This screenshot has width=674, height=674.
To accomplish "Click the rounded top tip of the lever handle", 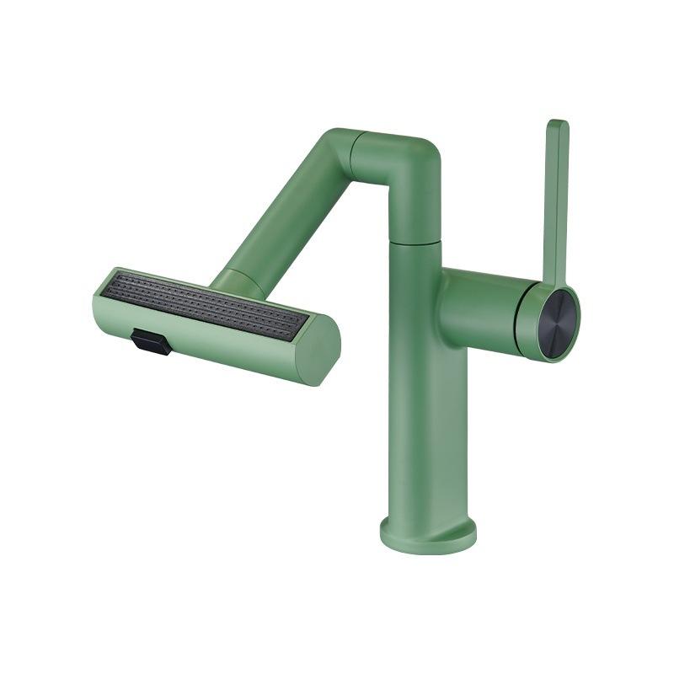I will point(557,126).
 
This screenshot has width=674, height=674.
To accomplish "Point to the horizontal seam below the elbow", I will point(415,240).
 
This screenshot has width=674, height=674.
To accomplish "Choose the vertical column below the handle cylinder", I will point(421,421).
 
